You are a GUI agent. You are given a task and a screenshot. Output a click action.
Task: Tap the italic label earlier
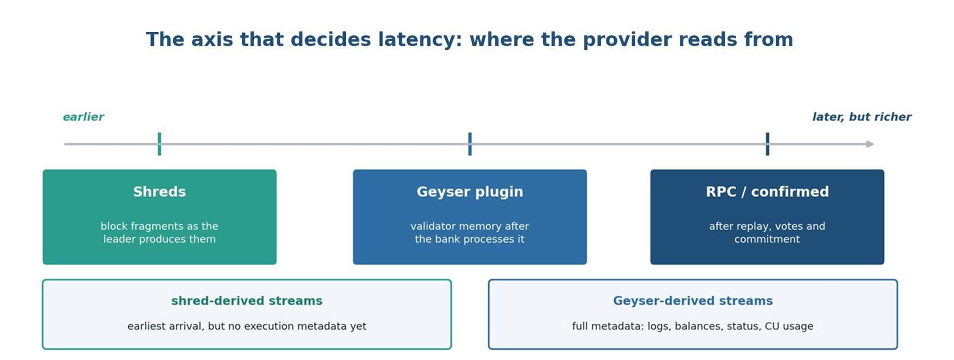[x=83, y=117]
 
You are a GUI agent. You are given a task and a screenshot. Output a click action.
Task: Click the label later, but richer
[x=861, y=117]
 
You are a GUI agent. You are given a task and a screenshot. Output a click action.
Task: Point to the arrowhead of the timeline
[x=870, y=144]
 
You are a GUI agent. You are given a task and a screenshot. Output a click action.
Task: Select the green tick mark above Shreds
[x=159, y=144]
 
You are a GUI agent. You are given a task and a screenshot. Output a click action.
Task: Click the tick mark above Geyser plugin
[x=470, y=144]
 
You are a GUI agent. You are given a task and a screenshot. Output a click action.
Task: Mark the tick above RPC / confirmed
[x=768, y=144]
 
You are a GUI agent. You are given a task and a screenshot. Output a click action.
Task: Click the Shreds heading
[x=159, y=192]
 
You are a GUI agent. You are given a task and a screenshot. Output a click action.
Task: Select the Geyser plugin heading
[x=470, y=192]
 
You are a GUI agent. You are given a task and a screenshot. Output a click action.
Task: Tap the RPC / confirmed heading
[x=768, y=192]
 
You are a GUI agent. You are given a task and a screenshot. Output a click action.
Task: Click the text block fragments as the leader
[x=159, y=233]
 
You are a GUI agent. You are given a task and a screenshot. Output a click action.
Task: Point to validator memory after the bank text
[x=470, y=233]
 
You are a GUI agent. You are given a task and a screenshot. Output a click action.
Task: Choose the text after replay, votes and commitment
[x=767, y=233]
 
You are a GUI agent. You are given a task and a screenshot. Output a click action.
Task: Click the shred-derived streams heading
[x=247, y=301]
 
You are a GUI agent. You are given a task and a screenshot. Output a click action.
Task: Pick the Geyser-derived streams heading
[x=692, y=301]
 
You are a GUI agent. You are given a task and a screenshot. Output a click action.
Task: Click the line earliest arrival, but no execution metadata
[x=247, y=326]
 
